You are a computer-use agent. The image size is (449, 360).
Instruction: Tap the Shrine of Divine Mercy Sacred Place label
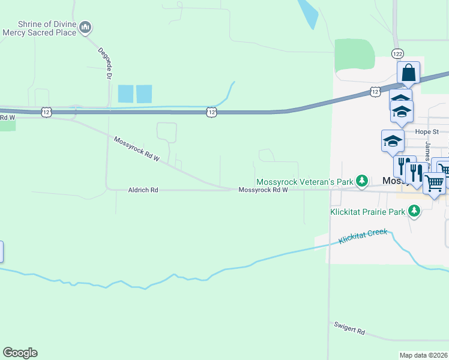39,28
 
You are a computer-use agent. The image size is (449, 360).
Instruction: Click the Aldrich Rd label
143,190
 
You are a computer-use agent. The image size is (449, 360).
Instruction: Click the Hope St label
427,131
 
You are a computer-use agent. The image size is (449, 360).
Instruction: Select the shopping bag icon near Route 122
408,73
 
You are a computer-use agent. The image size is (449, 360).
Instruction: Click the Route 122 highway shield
397,54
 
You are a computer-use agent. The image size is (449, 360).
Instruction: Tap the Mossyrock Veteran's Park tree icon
361,181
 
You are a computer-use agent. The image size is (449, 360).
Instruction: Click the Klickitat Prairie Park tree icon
414,211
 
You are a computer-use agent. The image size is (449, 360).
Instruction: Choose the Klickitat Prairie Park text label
368,212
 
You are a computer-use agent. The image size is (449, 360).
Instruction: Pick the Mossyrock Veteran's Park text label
305,181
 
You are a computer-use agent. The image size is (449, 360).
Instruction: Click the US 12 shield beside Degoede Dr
47,112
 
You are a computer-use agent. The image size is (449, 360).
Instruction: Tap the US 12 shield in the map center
210,112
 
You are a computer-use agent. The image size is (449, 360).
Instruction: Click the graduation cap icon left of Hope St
392,141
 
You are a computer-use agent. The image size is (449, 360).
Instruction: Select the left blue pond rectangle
125,94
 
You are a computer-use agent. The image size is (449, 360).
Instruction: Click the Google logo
20,353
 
